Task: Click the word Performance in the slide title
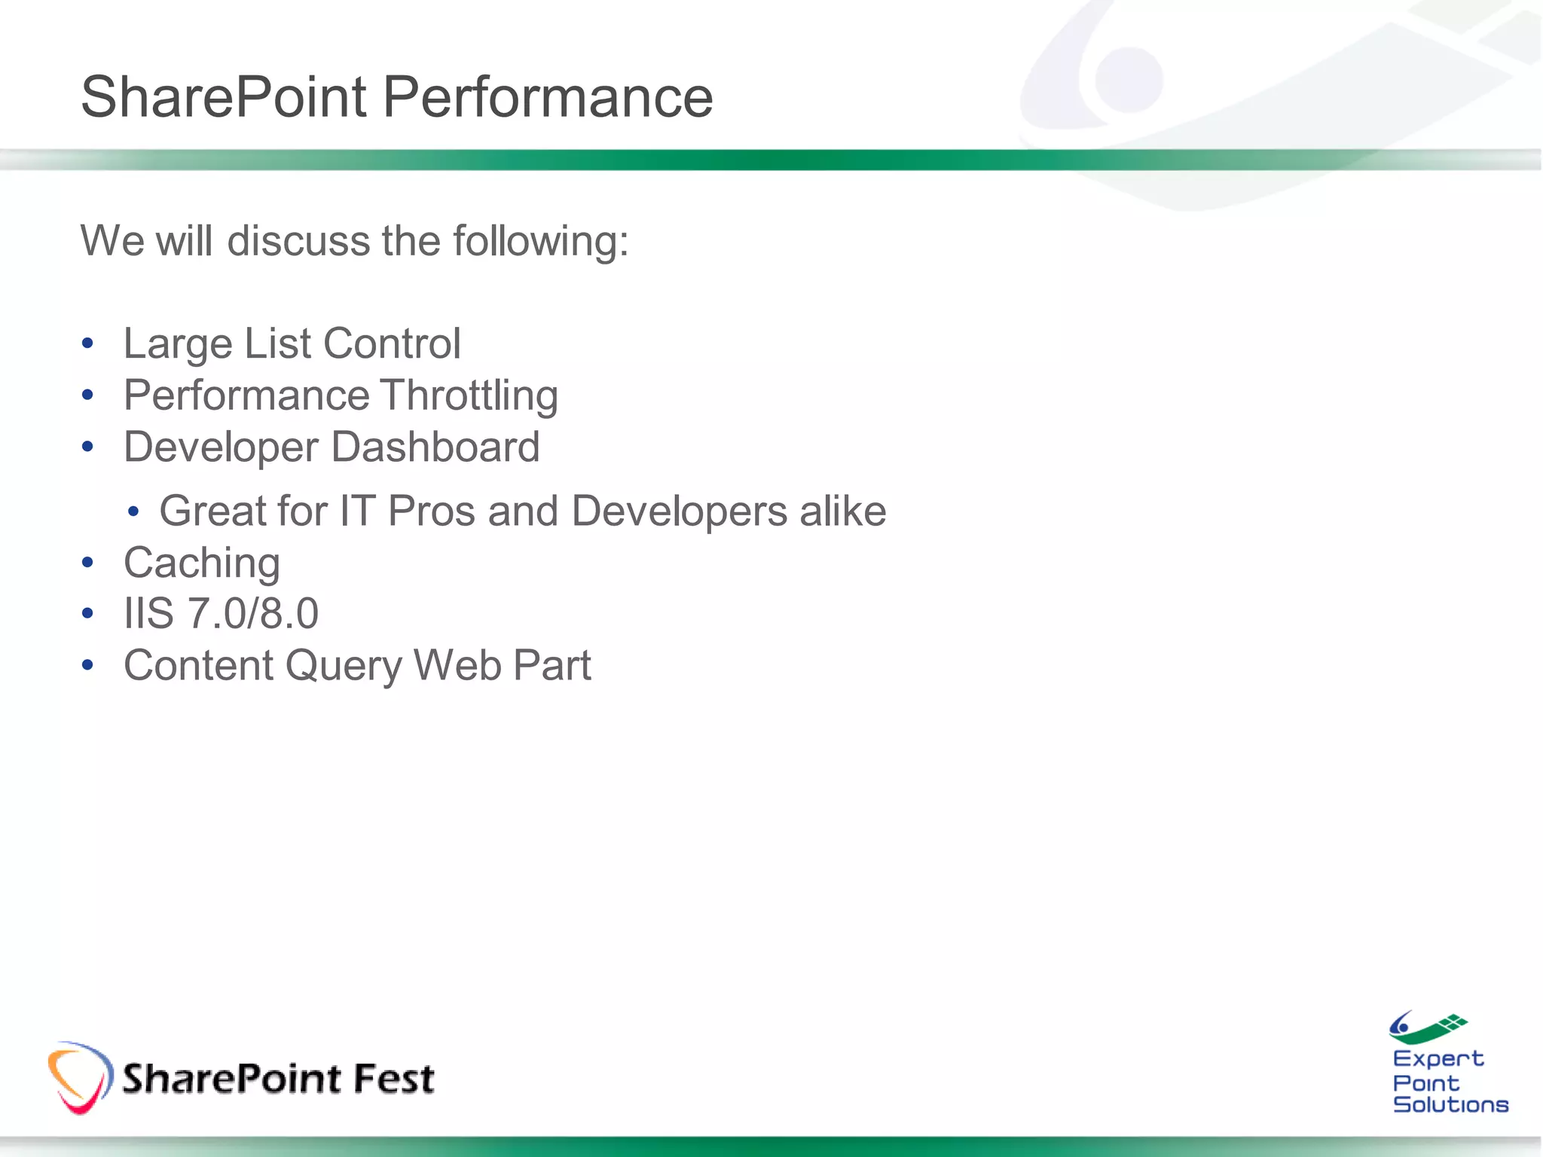[x=548, y=97]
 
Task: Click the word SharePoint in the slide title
[x=224, y=97]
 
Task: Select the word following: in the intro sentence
[x=540, y=243]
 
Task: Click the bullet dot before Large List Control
[x=87, y=344]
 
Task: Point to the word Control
[x=392, y=343]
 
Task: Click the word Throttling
[x=469, y=396]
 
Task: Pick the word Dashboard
[x=435, y=447]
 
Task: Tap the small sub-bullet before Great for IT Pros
[x=133, y=512]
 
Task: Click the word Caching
[x=202, y=563]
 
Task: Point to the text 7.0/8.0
[x=253, y=613]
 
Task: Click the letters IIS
[x=148, y=613]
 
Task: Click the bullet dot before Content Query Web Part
[x=87, y=666]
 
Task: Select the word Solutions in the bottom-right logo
[x=1450, y=1105]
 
